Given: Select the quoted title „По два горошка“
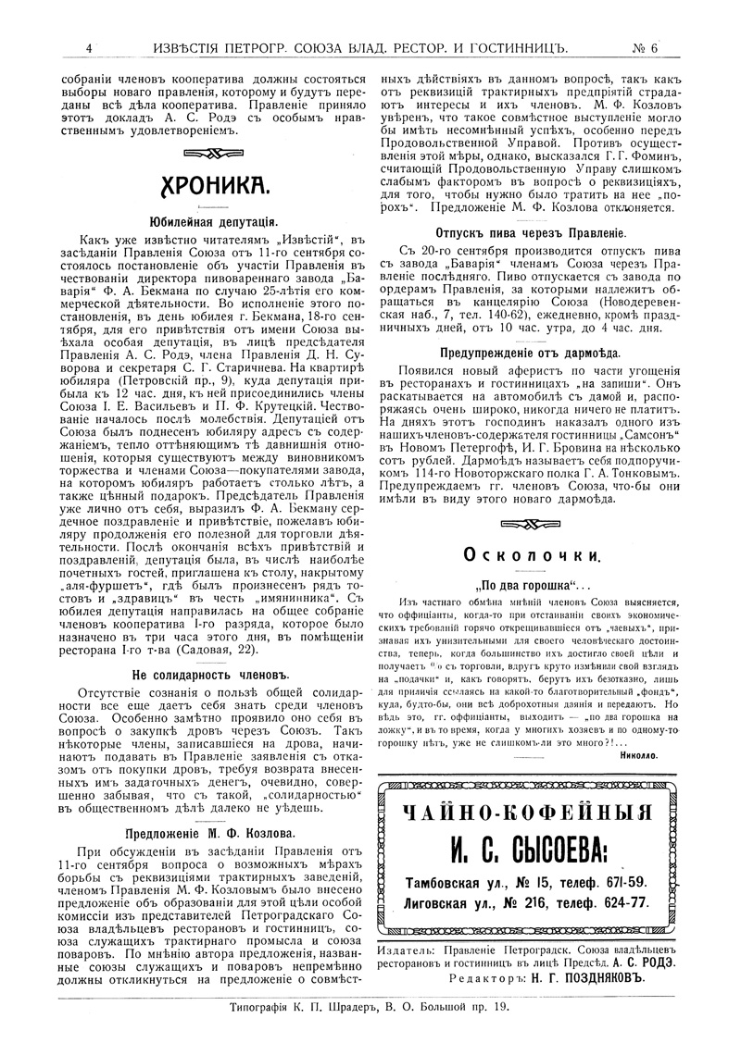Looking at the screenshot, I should coord(529,586).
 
